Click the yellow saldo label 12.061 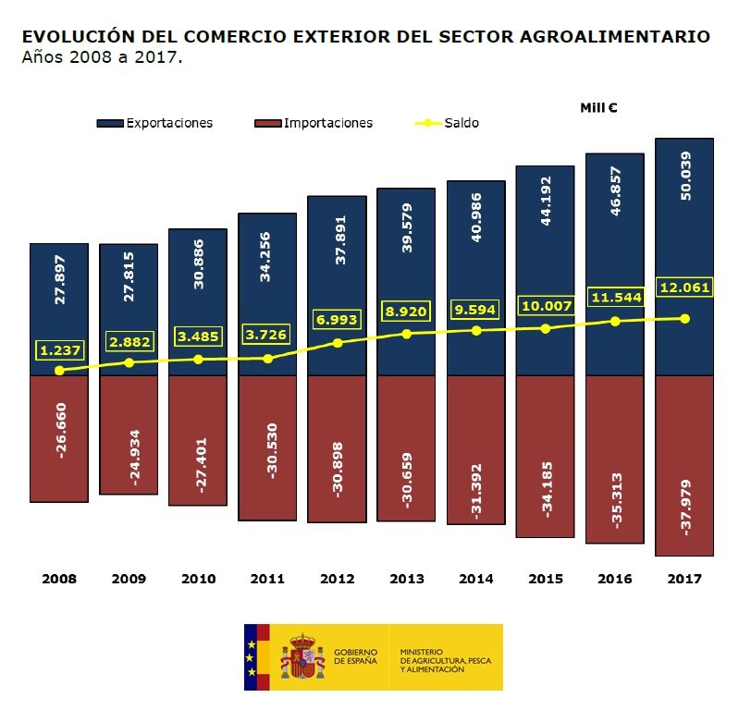coord(684,288)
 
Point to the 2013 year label coord(406,580)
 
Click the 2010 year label coord(198,580)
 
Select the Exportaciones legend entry coord(155,123)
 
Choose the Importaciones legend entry coord(314,123)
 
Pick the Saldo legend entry coord(449,123)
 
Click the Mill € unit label coord(598,107)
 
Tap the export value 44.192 coord(545,201)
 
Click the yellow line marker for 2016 coord(615,321)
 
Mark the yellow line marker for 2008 coord(59,370)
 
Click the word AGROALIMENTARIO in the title coord(626,37)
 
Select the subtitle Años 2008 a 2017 coord(103,57)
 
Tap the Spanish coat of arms coord(302,656)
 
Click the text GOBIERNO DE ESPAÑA coord(355,656)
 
